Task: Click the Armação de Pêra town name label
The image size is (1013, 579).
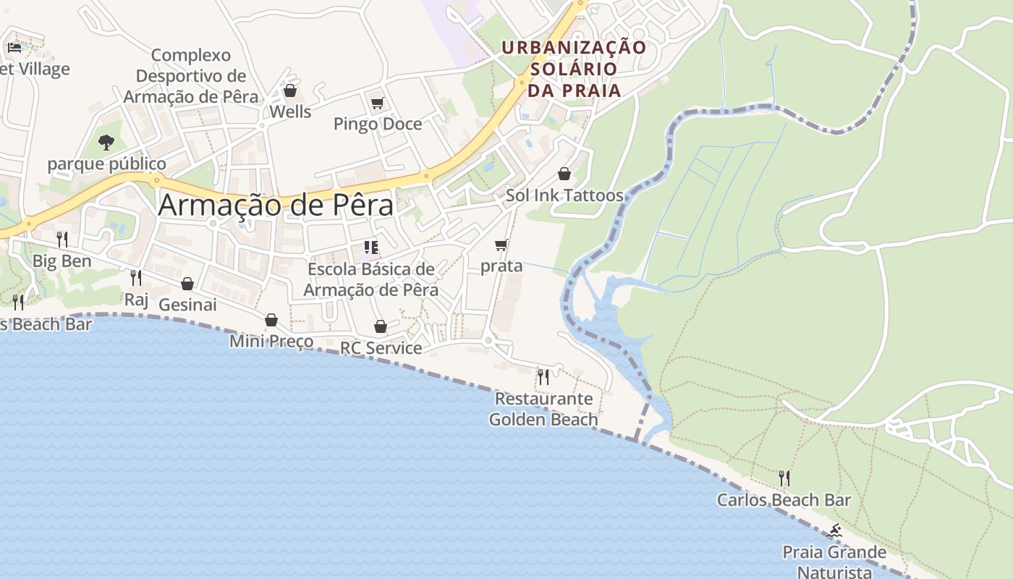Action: point(276,205)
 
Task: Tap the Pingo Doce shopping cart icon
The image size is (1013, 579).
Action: point(377,103)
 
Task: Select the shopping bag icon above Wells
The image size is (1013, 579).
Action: point(290,91)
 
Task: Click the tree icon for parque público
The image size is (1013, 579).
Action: point(106,142)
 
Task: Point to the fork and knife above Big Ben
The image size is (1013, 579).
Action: point(62,239)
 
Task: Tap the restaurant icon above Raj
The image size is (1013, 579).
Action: point(135,277)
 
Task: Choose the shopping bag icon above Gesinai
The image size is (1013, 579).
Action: point(187,284)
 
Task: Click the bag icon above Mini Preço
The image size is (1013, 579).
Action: point(271,320)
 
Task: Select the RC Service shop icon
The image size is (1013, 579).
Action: point(381,327)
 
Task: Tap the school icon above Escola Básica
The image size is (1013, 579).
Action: point(371,248)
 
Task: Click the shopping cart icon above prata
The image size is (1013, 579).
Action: point(501,245)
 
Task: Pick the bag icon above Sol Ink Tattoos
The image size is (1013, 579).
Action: point(564,174)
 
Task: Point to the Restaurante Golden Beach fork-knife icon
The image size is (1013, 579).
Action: point(543,376)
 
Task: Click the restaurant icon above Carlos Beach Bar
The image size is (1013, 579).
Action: point(784,478)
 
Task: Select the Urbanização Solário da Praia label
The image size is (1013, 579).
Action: point(574,69)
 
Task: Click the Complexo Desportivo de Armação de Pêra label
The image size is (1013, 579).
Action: point(191,75)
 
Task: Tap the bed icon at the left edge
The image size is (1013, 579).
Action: point(14,48)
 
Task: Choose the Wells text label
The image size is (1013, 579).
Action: point(290,112)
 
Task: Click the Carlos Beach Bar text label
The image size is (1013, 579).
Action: point(784,500)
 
